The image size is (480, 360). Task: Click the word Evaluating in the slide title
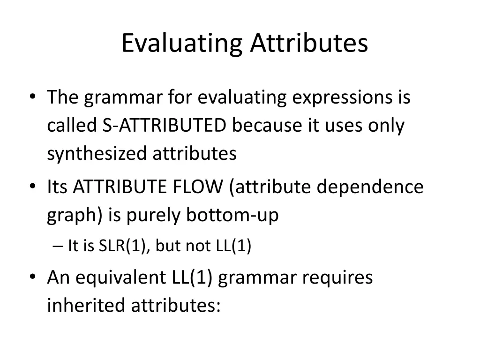tap(181, 43)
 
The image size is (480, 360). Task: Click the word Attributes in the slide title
tap(309, 43)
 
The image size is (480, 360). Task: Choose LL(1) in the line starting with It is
tap(234, 246)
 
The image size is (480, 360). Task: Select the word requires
tap(337, 277)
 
